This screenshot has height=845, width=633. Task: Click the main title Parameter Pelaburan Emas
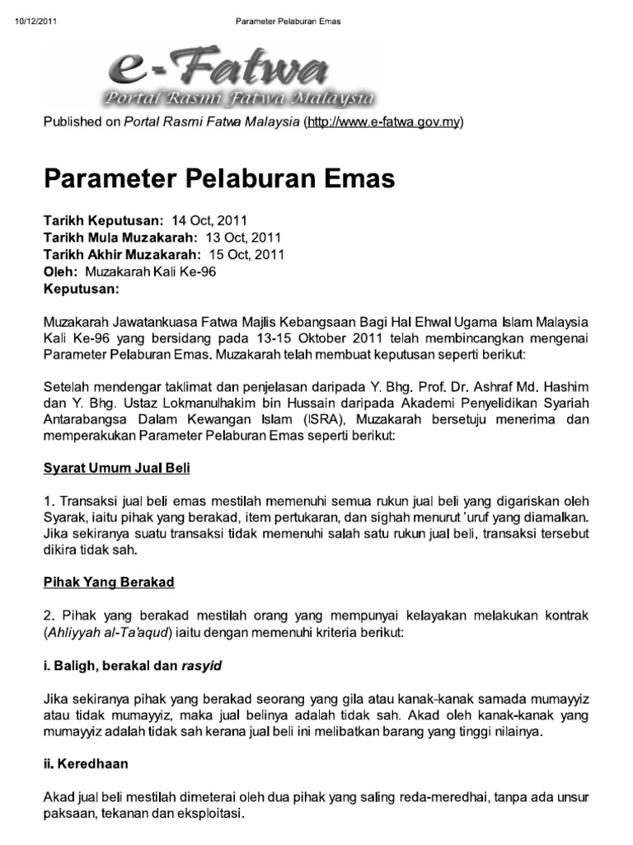click(x=219, y=178)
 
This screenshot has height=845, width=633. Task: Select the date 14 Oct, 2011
click(x=209, y=220)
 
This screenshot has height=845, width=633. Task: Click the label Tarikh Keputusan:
click(x=104, y=220)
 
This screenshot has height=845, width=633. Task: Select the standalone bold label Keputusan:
click(x=82, y=289)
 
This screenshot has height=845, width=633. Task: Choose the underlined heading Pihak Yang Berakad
click(x=109, y=582)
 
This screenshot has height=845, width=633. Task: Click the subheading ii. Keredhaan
click(x=86, y=764)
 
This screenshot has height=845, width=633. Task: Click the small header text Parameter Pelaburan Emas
click(x=288, y=21)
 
